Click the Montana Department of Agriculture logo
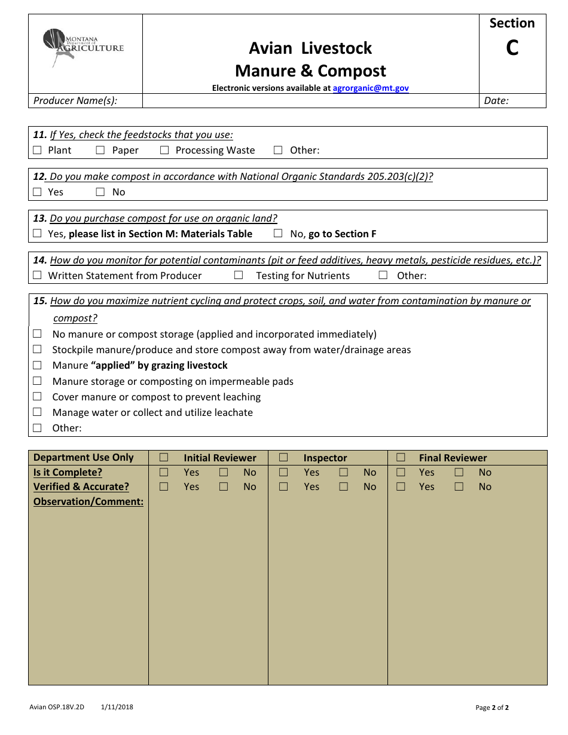pyautogui.click(x=83, y=47)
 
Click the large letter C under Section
pyautogui.click(x=512, y=48)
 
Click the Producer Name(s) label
pyautogui.click(x=75, y=100)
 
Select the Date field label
pyautogui.click(x=496, y=100)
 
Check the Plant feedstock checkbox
pyautogui.click(x=38, y=151)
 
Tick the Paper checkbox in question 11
pyautogui.click(x=100, y=151)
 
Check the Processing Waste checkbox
pyautogui.click(x=164, y=151)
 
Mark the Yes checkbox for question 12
pyautogui.click(x=38, y=192)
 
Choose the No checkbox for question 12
pyautogui.click(x=100, y=192)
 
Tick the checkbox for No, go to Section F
pyautogui.click(x=278, y=234)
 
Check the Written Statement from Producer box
pyautogui.click(x=38, y=275)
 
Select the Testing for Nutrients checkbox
pyautogui.click(x=239, y=275)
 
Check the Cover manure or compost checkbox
pyautogui.click(x=38, y=397)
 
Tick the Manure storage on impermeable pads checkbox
pyautogui.click(x=38, y=381)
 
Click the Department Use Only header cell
pyautogui.click(x=84, y=457)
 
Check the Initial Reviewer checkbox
pyautogui.click(x=164, y=458)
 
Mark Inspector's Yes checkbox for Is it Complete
pyautogui.click(x=283, y=472)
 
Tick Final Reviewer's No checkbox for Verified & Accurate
pyautogui.click(x=459, y=486)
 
